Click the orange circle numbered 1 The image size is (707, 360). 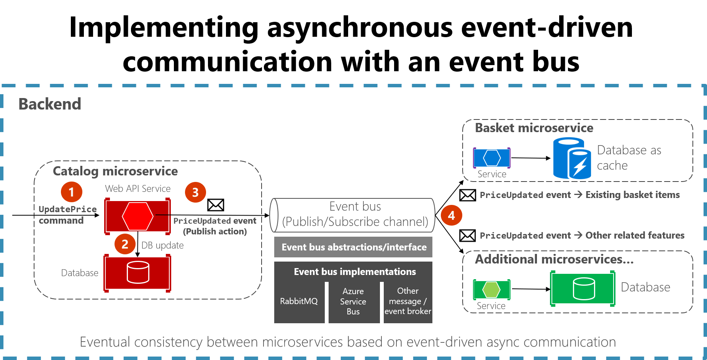pyautogui.click(x=72, y=191)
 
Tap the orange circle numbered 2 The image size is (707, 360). pyautogui.click(x=125, y=244)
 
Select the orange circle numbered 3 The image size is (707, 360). pyautogui.click(x=195, y=192)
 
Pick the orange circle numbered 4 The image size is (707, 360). pyautogui.click(x=451, y=215)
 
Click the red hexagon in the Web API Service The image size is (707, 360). pyautogui.click(x=137, y=216)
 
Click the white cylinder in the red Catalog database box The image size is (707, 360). pyautogui.click(x=138, y=272)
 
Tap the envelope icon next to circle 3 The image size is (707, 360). pyautogui.click(x=216, y=205)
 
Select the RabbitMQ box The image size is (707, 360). pyautogui.click(x=299, y=301)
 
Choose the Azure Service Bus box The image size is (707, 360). pyautogui.click(x=353, y=301)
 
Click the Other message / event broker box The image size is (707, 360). pyautogui.click(x=408, y=301)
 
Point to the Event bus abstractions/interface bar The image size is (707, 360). pyautogui.click(x=353, y=247)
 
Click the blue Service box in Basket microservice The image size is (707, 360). pyautogui.click(x=492, y=157)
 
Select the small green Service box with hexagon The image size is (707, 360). pyautogui.click(x=492, y=290)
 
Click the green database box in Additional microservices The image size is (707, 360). pyautogui.click(x=583, y=289)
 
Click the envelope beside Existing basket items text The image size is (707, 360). pyautogui.click(x=468, y=195)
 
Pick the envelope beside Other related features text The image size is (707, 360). pyautogui.click(x=468, y=236)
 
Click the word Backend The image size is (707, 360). pyautogui.click(x=50, y=104)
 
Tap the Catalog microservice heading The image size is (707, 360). pyautogui.click(x=115, y=171)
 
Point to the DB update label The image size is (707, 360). pyautogui.click(x=162, y=245)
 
